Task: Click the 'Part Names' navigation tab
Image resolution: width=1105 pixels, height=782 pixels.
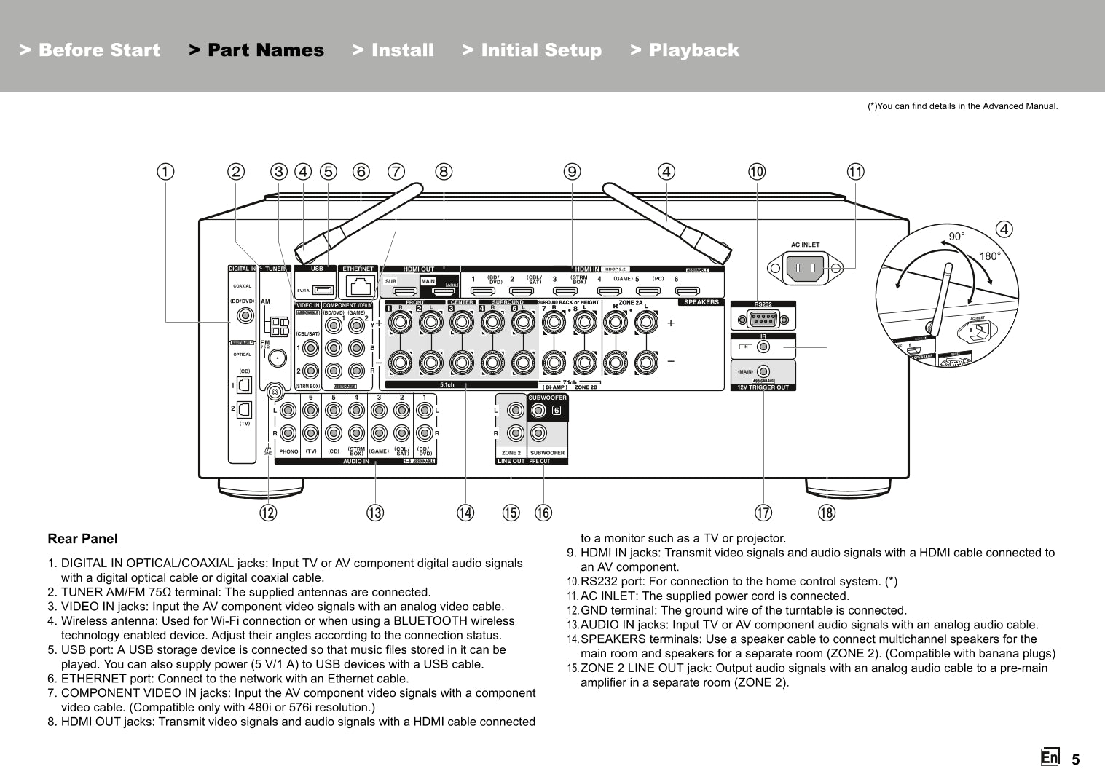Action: pyautogui.click(x=256, y=50)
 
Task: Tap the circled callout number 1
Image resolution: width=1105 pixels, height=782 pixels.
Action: pyautogui.click(x=166, y=172)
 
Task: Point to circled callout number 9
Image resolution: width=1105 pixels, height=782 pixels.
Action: pyautogui.click(x=572, y=172)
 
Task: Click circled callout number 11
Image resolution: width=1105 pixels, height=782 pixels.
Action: pyautogui.click(x=855, y=172)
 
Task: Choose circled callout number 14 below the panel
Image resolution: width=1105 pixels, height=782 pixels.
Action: pyautogui.click(x=465, y=513)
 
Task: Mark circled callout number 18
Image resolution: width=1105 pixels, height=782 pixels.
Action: pyautogui.click(x=826, y=513)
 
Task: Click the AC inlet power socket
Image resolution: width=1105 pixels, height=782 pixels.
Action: pyautogui.click(x=805, y=269)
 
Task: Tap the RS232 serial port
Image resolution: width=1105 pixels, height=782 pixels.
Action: pyautogui.click(x=763, y=319)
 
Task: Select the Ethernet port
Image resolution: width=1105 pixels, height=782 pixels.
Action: pyautogui.click(x=358, y=285)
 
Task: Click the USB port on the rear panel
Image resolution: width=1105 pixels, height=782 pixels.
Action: pyautogui.click(x=323, y=290)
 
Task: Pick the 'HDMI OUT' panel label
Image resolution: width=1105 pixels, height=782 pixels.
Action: pyautogui.click(x=418, y=269)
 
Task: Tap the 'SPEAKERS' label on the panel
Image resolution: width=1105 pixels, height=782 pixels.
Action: pyautogui.click(x=701, y=302)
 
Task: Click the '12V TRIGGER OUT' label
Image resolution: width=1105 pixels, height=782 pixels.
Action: pyautogui.click(x=763, y=387)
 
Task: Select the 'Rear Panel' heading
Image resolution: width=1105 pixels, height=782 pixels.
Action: pyautogui.click(x=82, y=539)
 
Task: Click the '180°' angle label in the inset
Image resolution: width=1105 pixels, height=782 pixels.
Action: pyautogui.click(x=990, y=256)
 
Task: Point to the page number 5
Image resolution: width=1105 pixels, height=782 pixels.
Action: pyautogui.click(x=1075, y=759)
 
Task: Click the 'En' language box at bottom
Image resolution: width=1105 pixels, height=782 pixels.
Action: pyautogui.click(x=1050, y=757)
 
